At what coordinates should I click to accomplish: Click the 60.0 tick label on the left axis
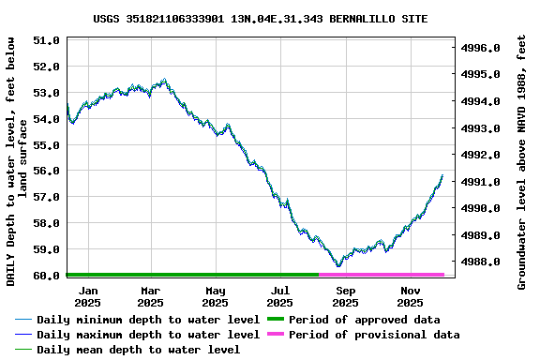click(x=46, y=276)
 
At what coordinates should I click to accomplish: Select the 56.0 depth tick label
click(x=46, y=172)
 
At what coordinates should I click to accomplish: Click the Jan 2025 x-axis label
click(x=87, y=296)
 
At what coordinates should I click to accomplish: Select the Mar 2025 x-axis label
click(x=150, y=296)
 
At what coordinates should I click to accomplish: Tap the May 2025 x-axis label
click(x=215, y=296)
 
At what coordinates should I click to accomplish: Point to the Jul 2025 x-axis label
click(x=279, y=296)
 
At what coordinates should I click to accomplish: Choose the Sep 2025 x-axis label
click(x=345, y=296)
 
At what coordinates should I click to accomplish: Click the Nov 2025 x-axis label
click(x=410, y=296)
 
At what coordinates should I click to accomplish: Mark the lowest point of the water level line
click(x=338, y=265)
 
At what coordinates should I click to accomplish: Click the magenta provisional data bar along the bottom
click(x=381, y=275)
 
